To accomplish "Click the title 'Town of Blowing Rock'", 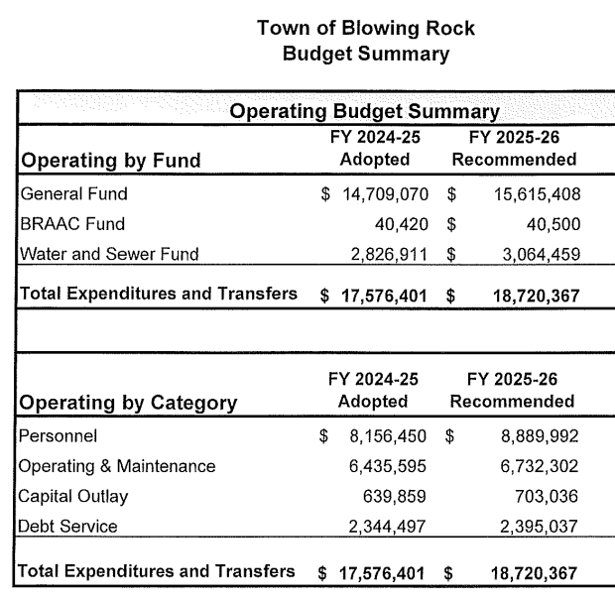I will tap(365, 28).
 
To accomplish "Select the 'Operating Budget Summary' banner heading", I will tap(364, 112).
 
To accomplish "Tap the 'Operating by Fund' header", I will tap(111, 161).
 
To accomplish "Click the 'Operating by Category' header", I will tap(128, 403).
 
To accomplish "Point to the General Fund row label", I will tap(74, 193).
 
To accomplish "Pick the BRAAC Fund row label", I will tap(72, 223).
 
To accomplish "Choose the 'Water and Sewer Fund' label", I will tap(109, 254).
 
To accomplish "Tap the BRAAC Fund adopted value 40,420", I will tap(402, 223).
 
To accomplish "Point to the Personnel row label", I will tap(59, 435).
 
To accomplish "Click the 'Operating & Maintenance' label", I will tap(117, 466).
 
